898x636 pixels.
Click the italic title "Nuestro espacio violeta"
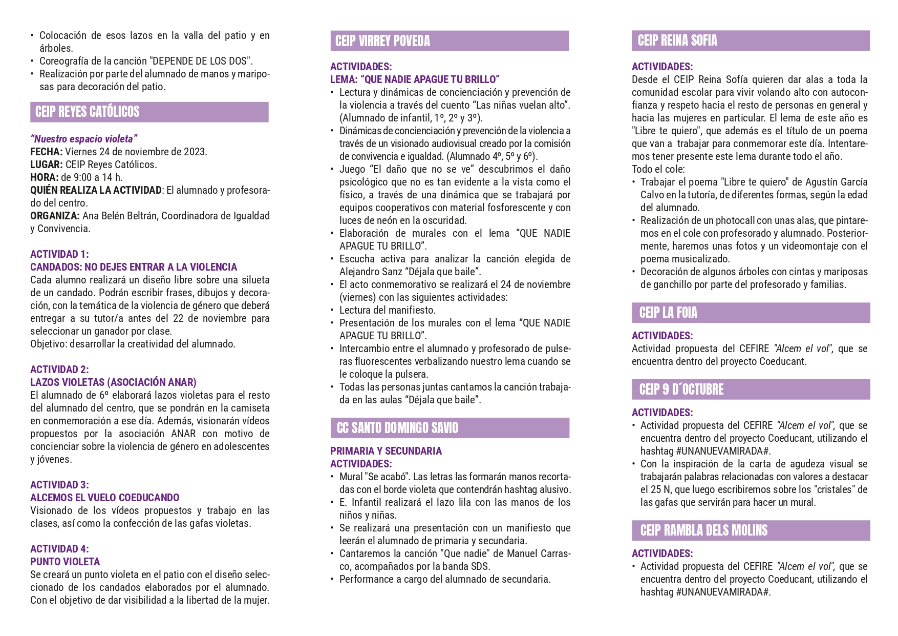coord(84,139)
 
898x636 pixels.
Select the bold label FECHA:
coord(46,152)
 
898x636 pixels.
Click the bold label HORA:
coord(44,177)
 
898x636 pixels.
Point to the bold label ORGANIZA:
coord(55,216)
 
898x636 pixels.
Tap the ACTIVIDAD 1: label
coord(59,254)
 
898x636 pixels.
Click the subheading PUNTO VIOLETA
coord(65,562)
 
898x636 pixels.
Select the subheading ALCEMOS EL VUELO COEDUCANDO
coord(104,498)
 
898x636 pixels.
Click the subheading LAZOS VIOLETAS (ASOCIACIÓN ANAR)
coord(113,382)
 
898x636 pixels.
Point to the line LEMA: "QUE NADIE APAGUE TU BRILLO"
coord(415,79)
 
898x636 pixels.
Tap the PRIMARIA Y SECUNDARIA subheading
coord(386,451)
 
